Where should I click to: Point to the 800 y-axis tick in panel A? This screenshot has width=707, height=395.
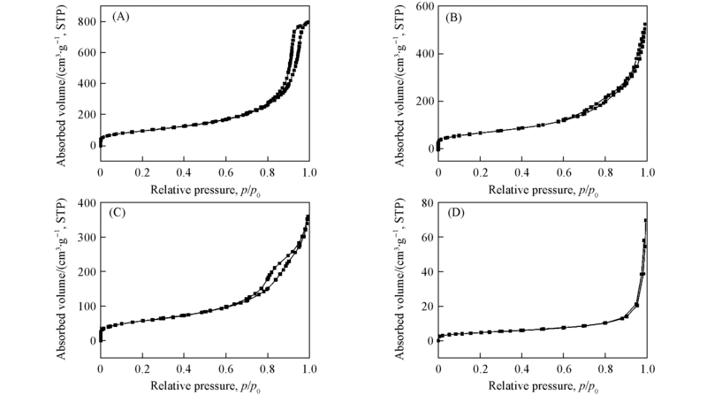(x=85, y=20)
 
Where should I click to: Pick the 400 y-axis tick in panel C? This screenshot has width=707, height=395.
(x=85, y=203)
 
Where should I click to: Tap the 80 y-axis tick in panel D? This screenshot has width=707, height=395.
(x=425, y=203)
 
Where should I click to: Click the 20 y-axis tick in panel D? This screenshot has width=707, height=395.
(x=425, y=306)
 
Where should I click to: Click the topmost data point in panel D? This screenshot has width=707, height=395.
(x=645, y=220)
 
